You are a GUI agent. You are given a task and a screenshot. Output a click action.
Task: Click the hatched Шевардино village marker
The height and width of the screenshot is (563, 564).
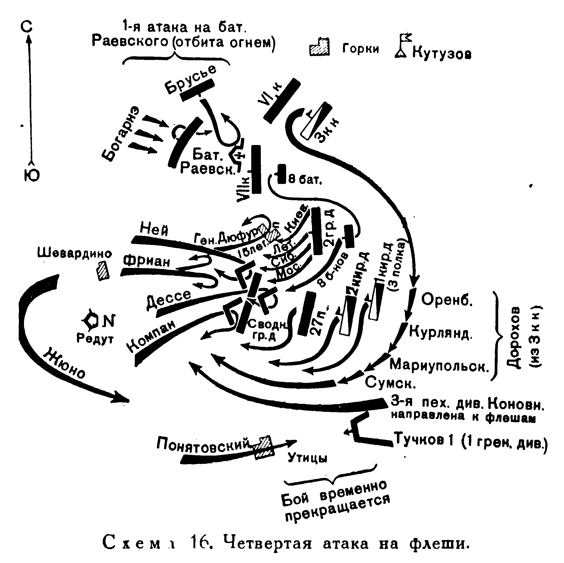103,271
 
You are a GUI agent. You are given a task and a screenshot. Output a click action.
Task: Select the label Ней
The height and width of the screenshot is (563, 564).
154,229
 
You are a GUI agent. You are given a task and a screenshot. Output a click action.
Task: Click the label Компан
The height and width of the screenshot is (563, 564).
152,336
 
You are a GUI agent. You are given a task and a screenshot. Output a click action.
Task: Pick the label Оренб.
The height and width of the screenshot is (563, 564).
447,299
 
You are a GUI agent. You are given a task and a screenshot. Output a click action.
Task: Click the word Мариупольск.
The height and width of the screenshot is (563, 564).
439,365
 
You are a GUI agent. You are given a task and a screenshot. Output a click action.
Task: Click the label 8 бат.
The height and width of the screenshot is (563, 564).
305,179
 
